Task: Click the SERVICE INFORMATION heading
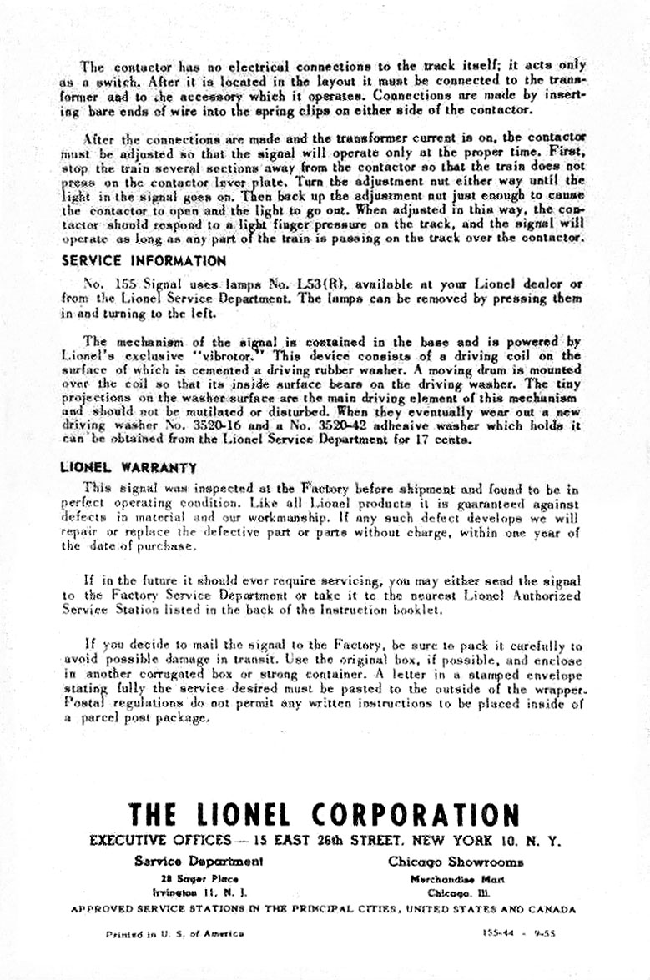tap(134, 259)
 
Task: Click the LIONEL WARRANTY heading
tap(129, 468)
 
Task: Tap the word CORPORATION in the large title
tap(416, 814)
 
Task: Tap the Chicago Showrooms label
tap(456, 862)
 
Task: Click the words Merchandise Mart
tap(456, 879)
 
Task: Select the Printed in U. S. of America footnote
tap(174, 933)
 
